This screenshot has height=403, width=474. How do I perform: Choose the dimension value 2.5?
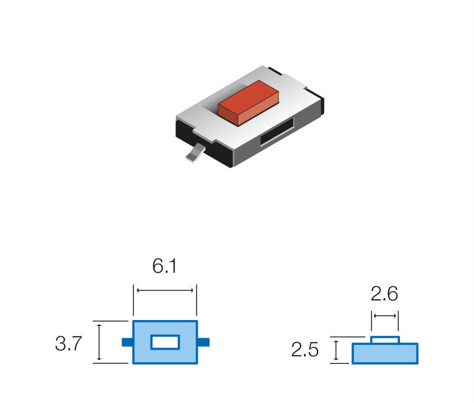(305, 351)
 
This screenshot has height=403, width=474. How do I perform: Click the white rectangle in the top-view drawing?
(165, 342)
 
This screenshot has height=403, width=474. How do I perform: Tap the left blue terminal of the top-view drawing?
(126, 342)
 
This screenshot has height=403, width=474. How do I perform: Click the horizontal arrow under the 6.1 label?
(165, 290)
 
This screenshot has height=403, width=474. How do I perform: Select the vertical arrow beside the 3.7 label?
(100, 342)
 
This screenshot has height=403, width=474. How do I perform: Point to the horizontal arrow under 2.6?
(385, 315)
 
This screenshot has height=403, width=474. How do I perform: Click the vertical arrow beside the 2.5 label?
(337, 350)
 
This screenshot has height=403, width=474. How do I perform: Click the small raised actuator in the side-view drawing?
(385, 340)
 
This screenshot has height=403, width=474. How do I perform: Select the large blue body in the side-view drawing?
(385, 353)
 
